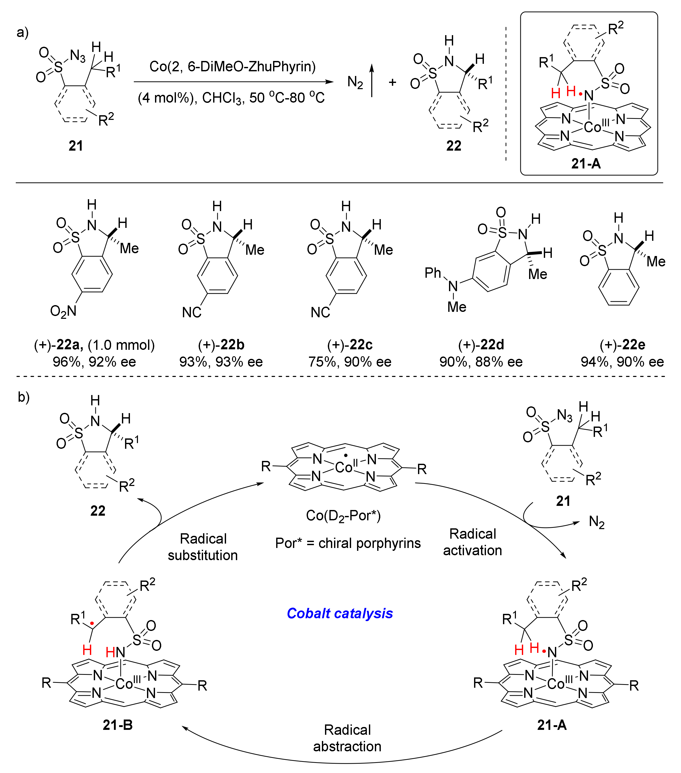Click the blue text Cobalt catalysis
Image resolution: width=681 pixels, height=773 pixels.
(x=339, y=613)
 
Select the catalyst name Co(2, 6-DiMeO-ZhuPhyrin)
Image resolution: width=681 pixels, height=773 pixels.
(x=232, y=67)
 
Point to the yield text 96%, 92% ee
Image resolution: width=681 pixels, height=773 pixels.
(x=94, y=362)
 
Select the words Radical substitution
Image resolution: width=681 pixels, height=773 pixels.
(x=203, y=547)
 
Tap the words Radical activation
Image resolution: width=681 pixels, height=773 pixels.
(x=472, y=542)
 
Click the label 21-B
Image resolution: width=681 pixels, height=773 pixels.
(x=118, y=725)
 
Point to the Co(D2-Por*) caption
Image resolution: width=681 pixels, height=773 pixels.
(x=343, y=515)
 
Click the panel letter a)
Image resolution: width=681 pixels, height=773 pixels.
(x=23, y=33)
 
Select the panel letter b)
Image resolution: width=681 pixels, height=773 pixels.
(x=24, y=397)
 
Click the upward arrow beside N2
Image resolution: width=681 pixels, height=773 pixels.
(x=372, y=81)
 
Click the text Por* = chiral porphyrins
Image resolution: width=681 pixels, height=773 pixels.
(x=347, y=543)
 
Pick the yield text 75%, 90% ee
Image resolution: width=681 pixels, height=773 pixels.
(x=350, y=362)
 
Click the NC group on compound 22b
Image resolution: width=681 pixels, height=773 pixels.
(x=192, y=312)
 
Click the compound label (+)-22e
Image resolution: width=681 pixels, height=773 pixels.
(x=622, y=345)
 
